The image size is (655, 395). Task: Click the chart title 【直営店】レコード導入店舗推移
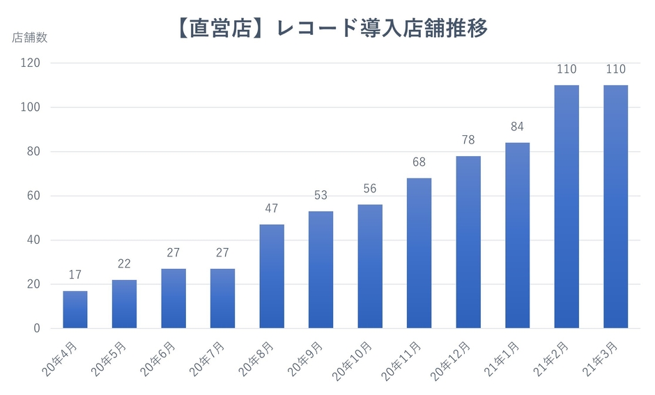pos(328,29)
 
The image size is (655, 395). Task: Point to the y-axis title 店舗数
pos(30,38)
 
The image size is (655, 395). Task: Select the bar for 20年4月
pos(75,309)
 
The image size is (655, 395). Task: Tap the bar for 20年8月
pos(272,277)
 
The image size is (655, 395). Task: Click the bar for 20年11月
pos(419,253)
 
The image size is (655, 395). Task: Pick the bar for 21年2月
pos(567,207)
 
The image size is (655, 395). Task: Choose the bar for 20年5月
pos(124,304)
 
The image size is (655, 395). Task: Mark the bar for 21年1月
pos(517,235)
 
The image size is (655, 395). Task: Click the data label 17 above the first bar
pos(75,275)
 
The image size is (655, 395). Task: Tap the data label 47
pos(272,209)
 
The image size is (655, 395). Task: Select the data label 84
pos(517,127)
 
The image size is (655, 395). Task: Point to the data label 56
pos(370,189)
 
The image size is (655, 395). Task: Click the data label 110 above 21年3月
pos(615,70)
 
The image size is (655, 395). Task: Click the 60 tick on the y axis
pos(34,196)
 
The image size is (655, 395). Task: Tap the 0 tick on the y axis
pos(37,328)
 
